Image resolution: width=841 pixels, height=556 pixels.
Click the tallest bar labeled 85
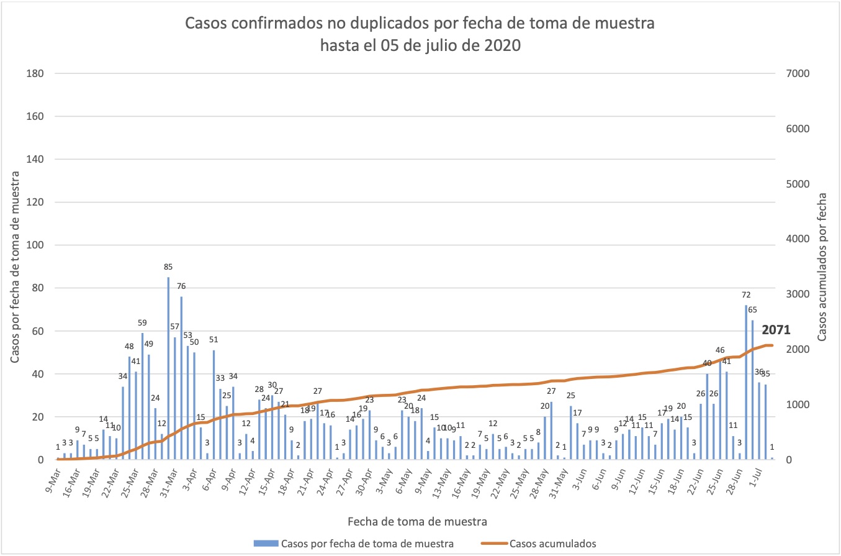click(x=168, y=368)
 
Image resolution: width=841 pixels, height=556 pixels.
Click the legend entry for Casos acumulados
click(x=552, y=544)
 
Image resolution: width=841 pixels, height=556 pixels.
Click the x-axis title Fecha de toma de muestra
click(x=416, y=519)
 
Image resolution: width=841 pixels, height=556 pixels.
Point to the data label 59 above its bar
click(x=142, y=322)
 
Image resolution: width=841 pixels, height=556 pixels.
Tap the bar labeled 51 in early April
click(x=214, y=404)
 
